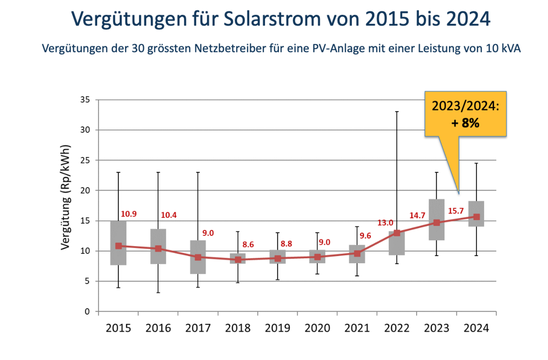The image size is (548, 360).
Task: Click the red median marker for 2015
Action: pos(118,246)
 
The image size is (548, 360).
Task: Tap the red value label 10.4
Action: pos(169,215)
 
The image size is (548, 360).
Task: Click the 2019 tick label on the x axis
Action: pos(278,328)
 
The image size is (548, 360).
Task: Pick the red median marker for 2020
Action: pos(317,257)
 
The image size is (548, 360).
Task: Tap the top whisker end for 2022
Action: pos(397,112)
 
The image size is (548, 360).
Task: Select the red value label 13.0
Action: pos(385,223)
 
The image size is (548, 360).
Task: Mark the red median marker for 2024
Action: pos(476,217)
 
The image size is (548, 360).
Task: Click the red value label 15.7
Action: pos(456,211)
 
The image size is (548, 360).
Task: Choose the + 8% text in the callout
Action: pos(465,123)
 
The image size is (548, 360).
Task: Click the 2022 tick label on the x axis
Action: pos(397,328)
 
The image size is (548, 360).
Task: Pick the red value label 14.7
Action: pos(417,215)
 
